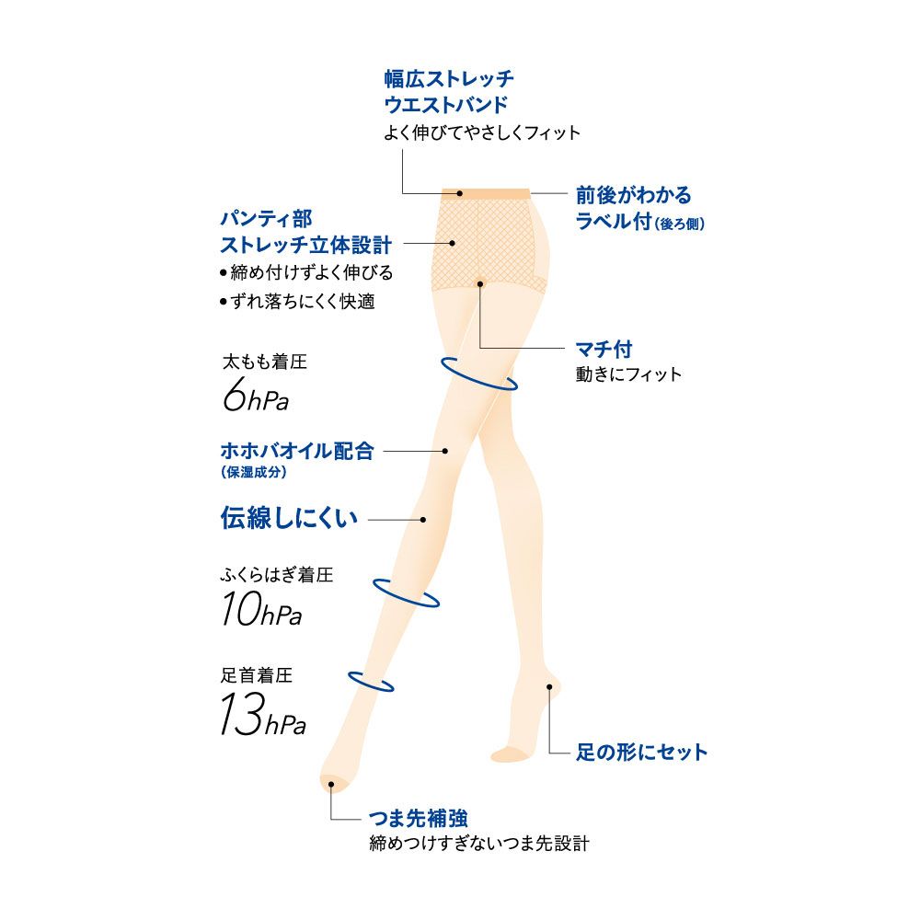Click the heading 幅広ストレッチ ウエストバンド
448,89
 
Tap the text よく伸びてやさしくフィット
482,133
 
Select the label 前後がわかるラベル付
639,208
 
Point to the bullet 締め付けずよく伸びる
307,273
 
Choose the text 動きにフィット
628,374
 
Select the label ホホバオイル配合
297,452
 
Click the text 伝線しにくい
289,519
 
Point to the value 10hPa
261,611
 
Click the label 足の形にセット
641,753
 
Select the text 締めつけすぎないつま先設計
477,843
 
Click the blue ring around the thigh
478,374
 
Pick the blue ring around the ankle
371,681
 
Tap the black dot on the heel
549,685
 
